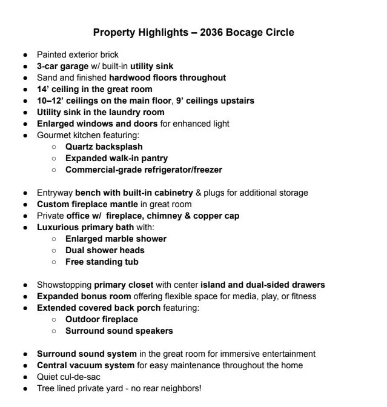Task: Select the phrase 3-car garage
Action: click(x=62, y=66)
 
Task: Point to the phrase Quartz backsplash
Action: click(x=104, y=147)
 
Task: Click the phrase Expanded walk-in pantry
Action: click(x=116, y=158)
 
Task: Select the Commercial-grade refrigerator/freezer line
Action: click(x=144, y=170)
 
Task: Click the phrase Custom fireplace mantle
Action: click(x=87, y=204)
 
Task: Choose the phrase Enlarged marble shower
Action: click(x=116, y=239)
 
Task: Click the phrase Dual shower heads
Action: click(x=105, y=250)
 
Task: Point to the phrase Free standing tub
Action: click(x=102, y=262)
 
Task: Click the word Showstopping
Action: click(x=64, y=285)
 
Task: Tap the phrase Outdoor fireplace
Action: click(x=102, y=319)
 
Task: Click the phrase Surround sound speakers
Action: click(x=119, y=331)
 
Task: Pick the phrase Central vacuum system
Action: click(x=85, y=365)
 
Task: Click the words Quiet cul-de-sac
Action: click(x=68, y=377)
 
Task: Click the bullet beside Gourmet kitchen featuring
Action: click(x=25, y=136)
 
